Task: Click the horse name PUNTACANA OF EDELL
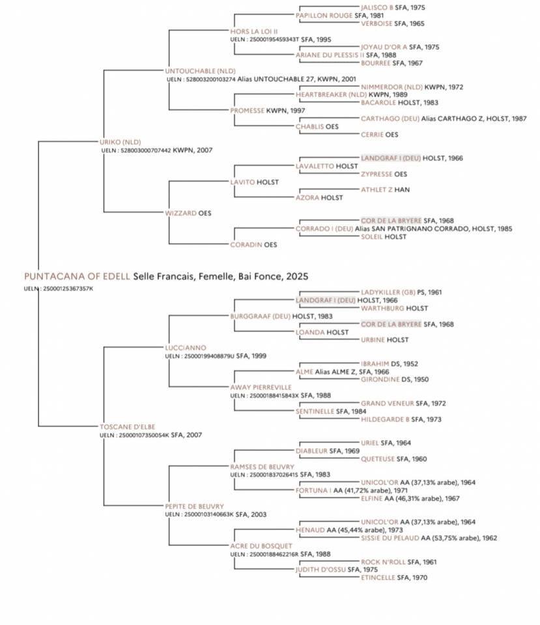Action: coord(77,276)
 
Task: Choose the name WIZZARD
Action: coord(181,213)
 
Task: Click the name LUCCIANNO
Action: coord(186,348)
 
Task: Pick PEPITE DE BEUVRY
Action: coord(194,507)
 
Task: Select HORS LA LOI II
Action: coord(254,31)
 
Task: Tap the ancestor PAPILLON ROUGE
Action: coord(324,15)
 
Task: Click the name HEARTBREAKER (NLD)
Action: coord(331,94)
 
